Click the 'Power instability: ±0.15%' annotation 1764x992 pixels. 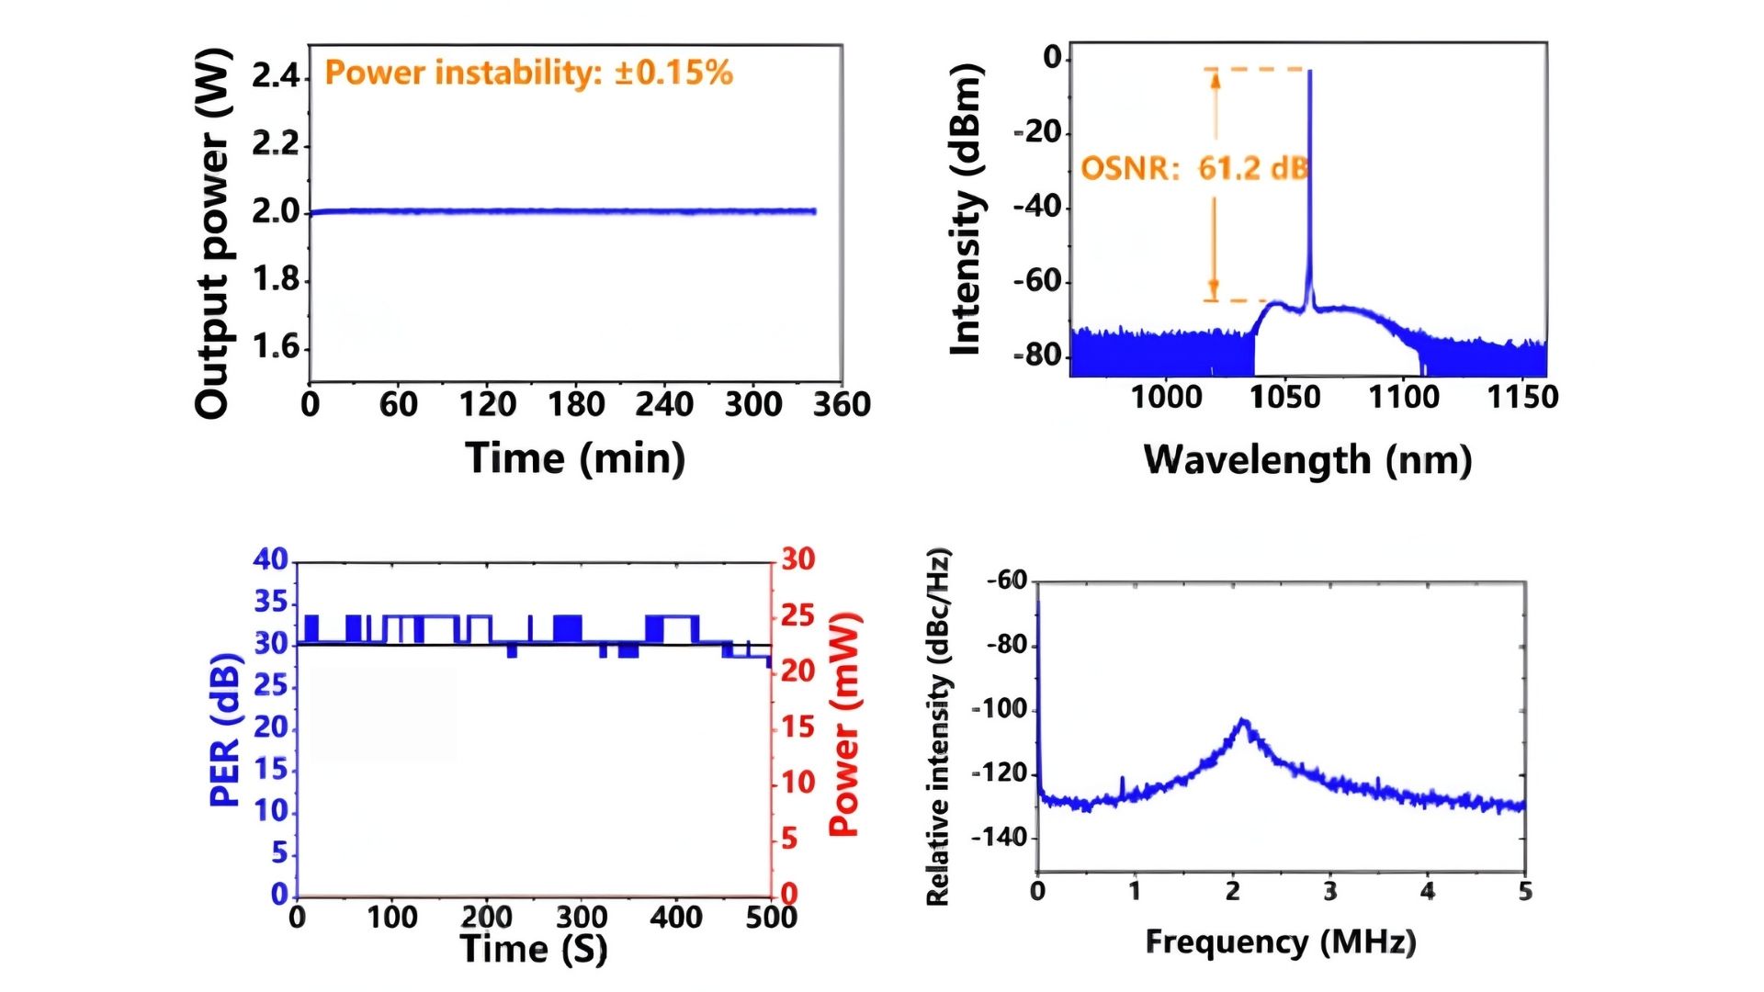529,73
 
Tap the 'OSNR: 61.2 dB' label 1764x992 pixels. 1194,168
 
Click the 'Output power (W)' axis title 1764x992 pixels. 212,234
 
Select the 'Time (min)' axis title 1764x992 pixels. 575,457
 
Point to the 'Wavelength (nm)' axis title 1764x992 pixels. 1307,459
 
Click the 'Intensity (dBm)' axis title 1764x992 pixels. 967,209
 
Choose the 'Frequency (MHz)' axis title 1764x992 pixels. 1281,941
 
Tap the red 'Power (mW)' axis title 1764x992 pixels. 843,725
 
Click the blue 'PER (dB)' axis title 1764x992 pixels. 225,730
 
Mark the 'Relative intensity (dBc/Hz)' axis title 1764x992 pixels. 938,727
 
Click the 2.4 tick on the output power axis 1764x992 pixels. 277,75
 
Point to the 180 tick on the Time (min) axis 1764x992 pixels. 576,404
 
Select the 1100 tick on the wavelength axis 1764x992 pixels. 1404,397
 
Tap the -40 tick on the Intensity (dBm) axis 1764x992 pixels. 1038,207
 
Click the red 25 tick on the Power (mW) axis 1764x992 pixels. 797,614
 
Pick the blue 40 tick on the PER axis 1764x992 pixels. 270,559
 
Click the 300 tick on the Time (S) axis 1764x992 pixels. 582,917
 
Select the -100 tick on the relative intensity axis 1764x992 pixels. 1000,709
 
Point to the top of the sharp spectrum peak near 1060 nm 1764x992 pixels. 1310,72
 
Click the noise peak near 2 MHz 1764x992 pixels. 1244,721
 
